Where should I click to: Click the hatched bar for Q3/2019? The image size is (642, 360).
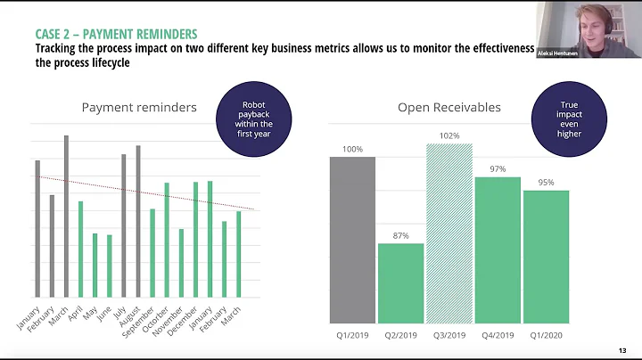click(449, 233)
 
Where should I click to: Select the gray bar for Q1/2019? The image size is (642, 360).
click(352, 240)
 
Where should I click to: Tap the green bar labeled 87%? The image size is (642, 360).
click(400, 282)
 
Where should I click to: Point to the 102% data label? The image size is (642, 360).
click(449, 136)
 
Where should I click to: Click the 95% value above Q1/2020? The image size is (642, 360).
click(546, 182)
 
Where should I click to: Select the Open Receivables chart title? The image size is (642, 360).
click(449, 108)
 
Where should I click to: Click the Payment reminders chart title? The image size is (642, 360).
click(139, 108)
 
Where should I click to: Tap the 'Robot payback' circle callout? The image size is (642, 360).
click(252, 119)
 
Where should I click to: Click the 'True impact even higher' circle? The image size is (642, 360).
click(570, 119)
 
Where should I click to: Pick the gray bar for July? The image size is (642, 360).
click(124, 226)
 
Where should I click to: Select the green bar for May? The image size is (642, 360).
click(95, 266)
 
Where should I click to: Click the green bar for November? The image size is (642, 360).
click(181, 264)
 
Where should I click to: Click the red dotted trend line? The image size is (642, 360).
click(143, 192)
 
